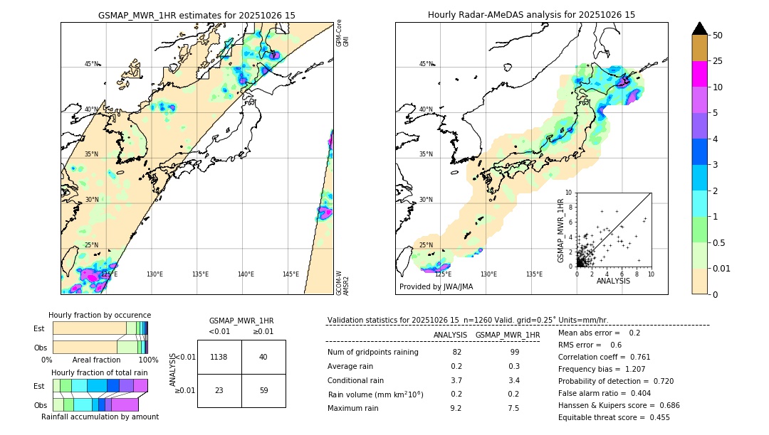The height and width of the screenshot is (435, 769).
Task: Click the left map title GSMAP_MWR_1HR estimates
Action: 197,15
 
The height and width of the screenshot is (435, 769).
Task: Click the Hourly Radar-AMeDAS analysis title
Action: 531,15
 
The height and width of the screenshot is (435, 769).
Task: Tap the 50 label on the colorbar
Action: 718,36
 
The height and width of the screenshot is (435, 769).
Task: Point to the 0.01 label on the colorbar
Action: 722,268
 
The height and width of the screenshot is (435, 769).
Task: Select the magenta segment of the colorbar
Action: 700,74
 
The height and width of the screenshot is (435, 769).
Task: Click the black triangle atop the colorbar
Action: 700,28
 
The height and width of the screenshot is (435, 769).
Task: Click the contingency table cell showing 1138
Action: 219,357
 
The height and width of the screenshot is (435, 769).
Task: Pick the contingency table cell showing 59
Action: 263,390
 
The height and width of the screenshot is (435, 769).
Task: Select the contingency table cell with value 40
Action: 263,357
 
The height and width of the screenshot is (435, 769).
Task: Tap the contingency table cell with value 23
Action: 219,390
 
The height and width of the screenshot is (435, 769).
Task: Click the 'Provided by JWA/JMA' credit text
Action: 436,287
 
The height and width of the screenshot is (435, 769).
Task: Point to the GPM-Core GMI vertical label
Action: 342,33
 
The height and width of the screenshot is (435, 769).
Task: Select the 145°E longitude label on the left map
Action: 291,274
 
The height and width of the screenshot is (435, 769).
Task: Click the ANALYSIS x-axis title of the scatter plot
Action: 613,281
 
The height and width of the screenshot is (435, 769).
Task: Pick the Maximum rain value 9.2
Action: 456,408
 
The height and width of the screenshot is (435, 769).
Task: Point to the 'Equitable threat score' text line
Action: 614,417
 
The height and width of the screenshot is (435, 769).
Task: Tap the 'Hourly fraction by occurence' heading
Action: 100,315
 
